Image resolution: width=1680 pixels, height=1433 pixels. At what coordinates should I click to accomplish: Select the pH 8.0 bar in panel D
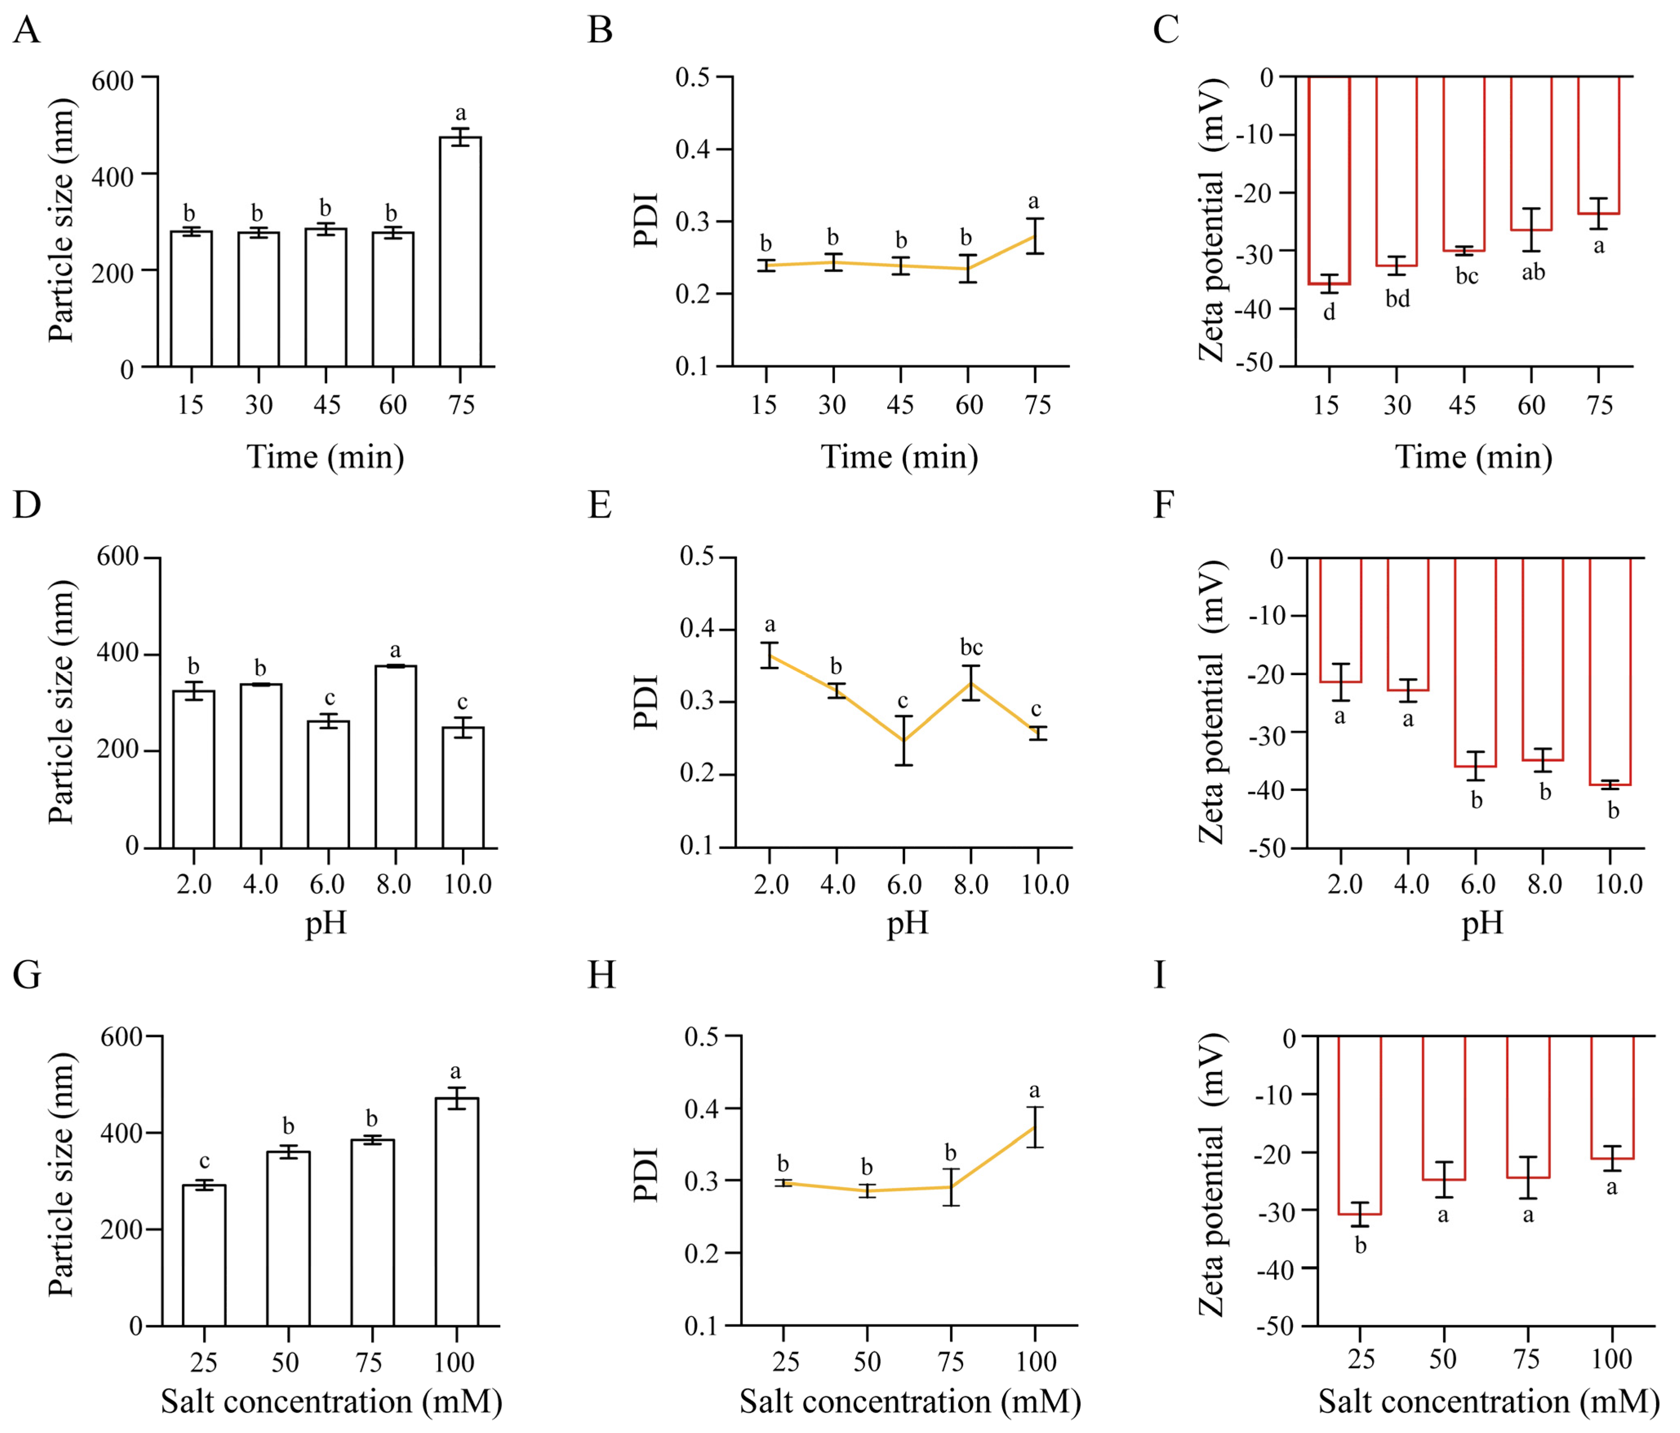[x=396, y=757]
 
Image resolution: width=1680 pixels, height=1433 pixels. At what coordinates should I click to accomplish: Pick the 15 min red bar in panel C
[x=1329, y=180]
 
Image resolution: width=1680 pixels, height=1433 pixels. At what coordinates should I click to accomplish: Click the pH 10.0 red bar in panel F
[x=1609, y=671]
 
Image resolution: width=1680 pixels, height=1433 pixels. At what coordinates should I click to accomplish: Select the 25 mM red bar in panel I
[x=1360, y=1125]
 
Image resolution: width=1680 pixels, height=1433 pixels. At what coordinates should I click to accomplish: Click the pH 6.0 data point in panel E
[x=903, y=740]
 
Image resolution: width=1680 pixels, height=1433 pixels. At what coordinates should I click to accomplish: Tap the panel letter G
[x=28, y=975]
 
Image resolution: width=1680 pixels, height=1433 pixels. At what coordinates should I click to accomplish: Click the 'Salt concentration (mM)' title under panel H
[x=910, y=1402]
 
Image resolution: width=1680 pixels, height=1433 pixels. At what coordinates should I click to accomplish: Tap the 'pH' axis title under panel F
[x=1482, y=923]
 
